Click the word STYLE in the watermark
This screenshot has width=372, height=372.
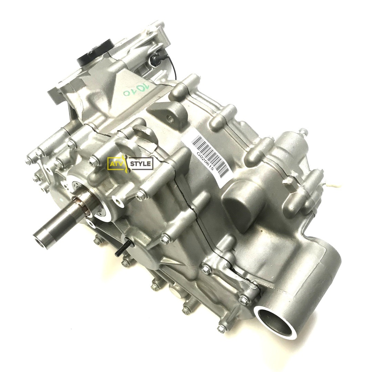click(x=141, y=164)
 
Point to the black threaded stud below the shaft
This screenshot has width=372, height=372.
click(x=124, y=248)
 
